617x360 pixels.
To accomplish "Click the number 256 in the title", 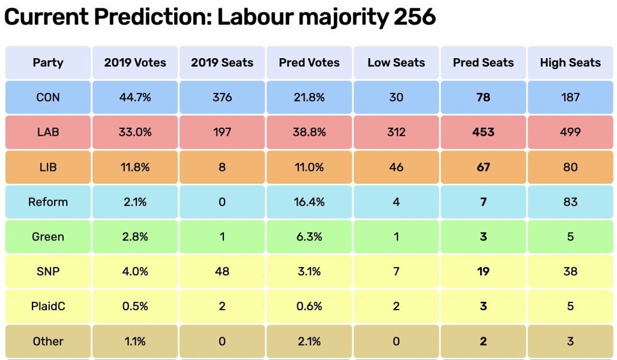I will click(x=414, y=17).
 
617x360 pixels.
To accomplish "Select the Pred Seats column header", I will click(x=483, y=62).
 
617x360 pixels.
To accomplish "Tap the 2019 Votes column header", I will click(x=135, y=62).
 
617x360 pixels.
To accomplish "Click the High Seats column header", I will click(x=570, y=62).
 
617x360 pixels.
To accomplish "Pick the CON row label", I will click(x=48, y=97).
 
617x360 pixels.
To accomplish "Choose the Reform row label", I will click(x=48, y=202).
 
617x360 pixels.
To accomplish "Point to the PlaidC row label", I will click(x=48, y=306).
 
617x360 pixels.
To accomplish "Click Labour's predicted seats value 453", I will click(x=483, y=132).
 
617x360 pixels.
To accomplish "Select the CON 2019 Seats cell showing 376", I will click(x=222, y=97).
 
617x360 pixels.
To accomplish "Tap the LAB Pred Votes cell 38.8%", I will click(x=309, y=132).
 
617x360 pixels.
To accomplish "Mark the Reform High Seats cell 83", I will click(x=570, y=202).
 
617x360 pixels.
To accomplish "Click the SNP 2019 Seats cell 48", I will click(x=222, y=271).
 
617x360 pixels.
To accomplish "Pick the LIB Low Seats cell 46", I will click(x=396, y=167).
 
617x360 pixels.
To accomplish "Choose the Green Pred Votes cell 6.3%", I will click(x=309, y=236).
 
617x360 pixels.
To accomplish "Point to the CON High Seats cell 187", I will click(x=570, y=97).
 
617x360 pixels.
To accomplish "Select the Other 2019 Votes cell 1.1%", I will click(x=135, y=341).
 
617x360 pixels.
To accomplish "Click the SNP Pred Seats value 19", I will click(x=483, y=271).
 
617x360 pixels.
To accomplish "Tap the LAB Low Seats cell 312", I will click(x=396, y=132).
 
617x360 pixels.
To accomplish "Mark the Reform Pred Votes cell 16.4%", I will click(x=309, y=202).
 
